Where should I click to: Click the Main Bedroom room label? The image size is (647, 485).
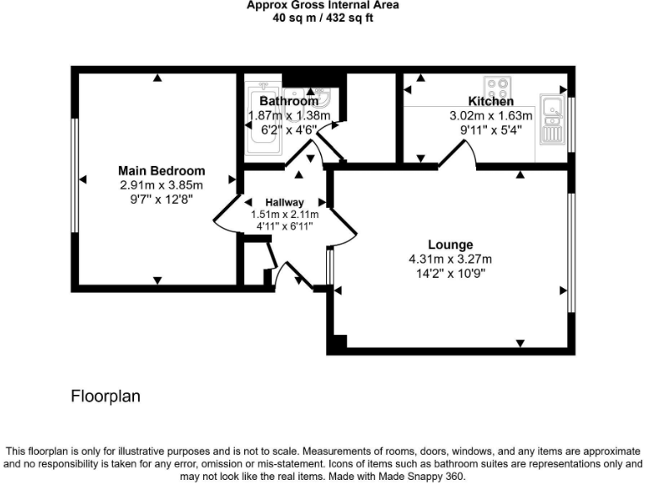pos(162,171)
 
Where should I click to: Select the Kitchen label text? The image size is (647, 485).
pos(490,102)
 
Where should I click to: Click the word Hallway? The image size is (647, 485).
pos(284,203)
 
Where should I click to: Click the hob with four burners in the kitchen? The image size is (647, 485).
pos(496,87)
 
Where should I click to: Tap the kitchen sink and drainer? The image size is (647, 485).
pos(553,119)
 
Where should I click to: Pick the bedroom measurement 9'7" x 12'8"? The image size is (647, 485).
pos(162,200)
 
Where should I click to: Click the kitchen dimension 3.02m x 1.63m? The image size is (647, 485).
pos(490,116)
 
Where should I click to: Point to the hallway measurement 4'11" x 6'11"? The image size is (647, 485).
pos(284,227)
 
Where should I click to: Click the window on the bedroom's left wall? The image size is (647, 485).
pos(75,179)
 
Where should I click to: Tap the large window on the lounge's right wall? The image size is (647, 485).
pos(570,253)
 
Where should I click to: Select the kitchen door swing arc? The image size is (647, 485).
pos(460,153)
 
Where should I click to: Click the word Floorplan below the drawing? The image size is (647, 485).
pos(105,395)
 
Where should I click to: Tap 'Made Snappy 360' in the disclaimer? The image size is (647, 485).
pos(422,476)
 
